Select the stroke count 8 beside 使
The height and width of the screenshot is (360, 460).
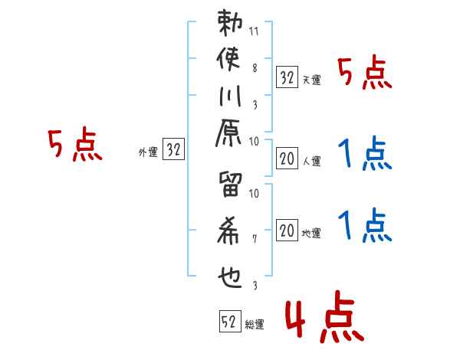(255, 67)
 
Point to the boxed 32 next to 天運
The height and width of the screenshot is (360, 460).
(287, 77)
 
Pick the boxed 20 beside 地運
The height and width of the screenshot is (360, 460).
(287, 230)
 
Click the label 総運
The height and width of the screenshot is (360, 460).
(255, 325)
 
